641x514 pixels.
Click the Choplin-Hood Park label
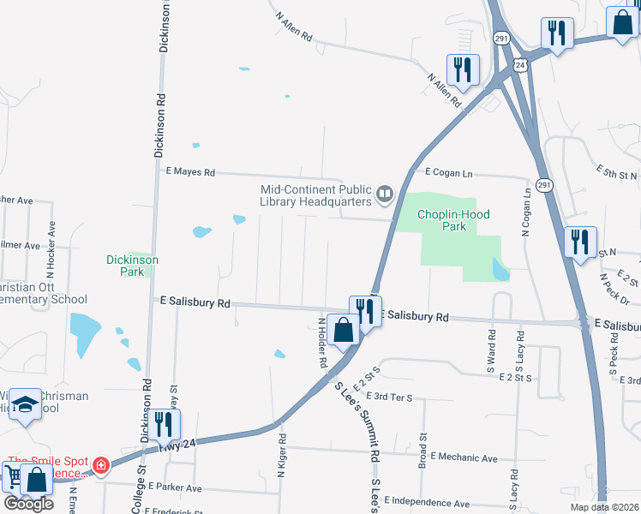[453, 220]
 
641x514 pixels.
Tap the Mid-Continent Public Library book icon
[385, 196]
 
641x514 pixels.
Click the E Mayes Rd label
[190, 172]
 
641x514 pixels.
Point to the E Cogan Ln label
[448, 173]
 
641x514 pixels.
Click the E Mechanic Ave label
[464, 458]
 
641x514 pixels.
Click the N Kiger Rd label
[281, 451]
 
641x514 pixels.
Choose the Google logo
[27, 503]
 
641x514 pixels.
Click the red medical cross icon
[101, 465]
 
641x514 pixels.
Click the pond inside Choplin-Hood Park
[500, 271]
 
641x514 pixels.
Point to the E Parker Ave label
[174, 487]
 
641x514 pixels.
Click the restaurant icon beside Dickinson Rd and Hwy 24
[159, 423]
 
